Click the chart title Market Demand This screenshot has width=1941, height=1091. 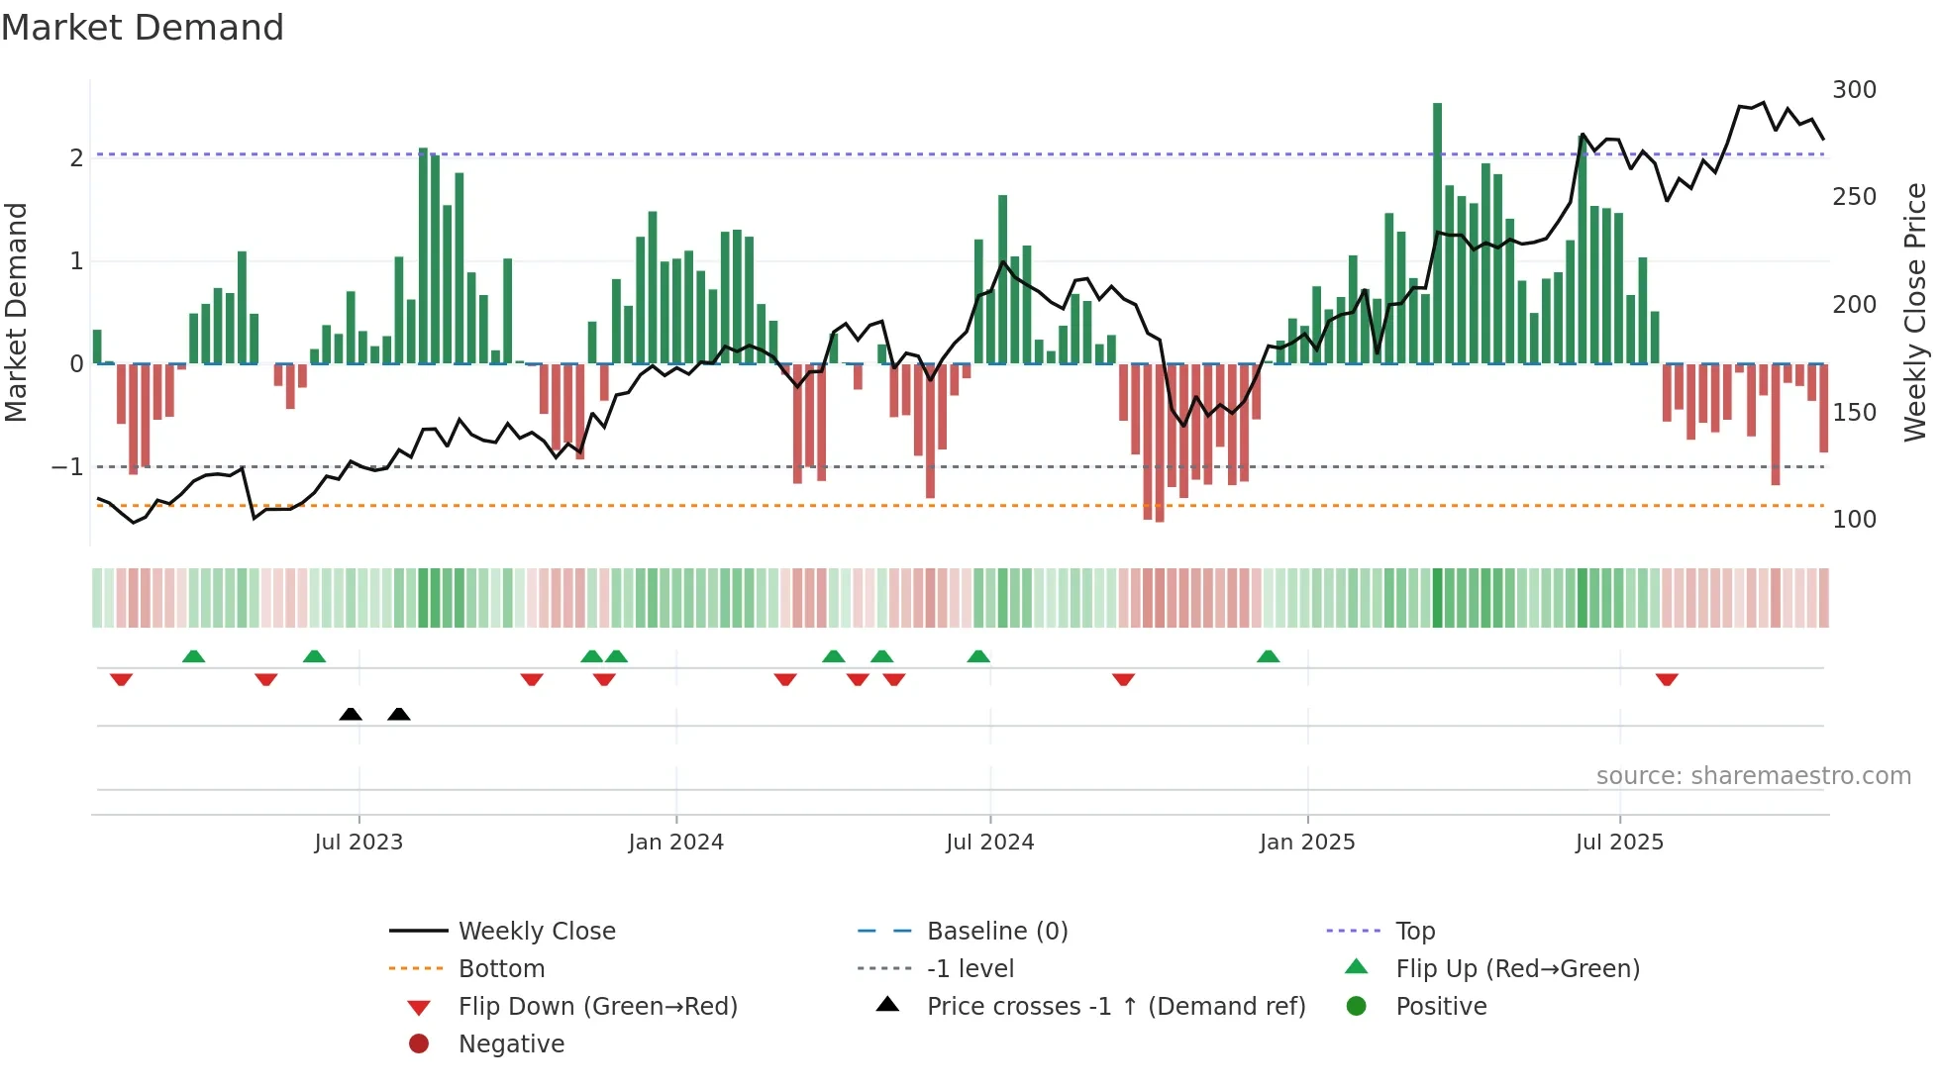(x=143, y=28)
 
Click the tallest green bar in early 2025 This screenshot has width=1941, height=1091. (x=1437, y=233)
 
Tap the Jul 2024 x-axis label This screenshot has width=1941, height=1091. (x=989, y=843)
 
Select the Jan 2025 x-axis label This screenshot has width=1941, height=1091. (x=1307, y=843)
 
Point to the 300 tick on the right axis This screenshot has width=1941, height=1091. (x=1854, y=90)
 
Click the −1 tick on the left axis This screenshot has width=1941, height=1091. (x=67, y=466)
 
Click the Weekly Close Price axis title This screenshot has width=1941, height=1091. (x=1915, y=312)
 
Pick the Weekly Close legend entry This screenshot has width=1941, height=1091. (x=536, y=931)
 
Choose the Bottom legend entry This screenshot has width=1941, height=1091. (x=501, y=968)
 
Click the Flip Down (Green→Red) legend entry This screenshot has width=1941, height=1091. (x=597, y=1006)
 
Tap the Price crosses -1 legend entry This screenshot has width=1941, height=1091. (x=1115, y=1006)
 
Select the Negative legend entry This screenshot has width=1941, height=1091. (x=511, y=1043)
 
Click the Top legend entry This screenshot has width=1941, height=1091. (x=1415, y=931)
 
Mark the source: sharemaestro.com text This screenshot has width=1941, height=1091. (x=1753, y=776)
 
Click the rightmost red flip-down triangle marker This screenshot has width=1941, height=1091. (x=1667, y=679)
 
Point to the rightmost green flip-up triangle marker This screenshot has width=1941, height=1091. (x=1268, y=656)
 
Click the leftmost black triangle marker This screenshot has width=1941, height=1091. (x=351, y=714)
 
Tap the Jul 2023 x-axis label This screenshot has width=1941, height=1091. (x=358, y=843)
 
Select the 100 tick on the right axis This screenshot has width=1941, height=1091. (x=1854, y=520)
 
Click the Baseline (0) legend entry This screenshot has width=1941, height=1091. (x=996, y=931)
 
